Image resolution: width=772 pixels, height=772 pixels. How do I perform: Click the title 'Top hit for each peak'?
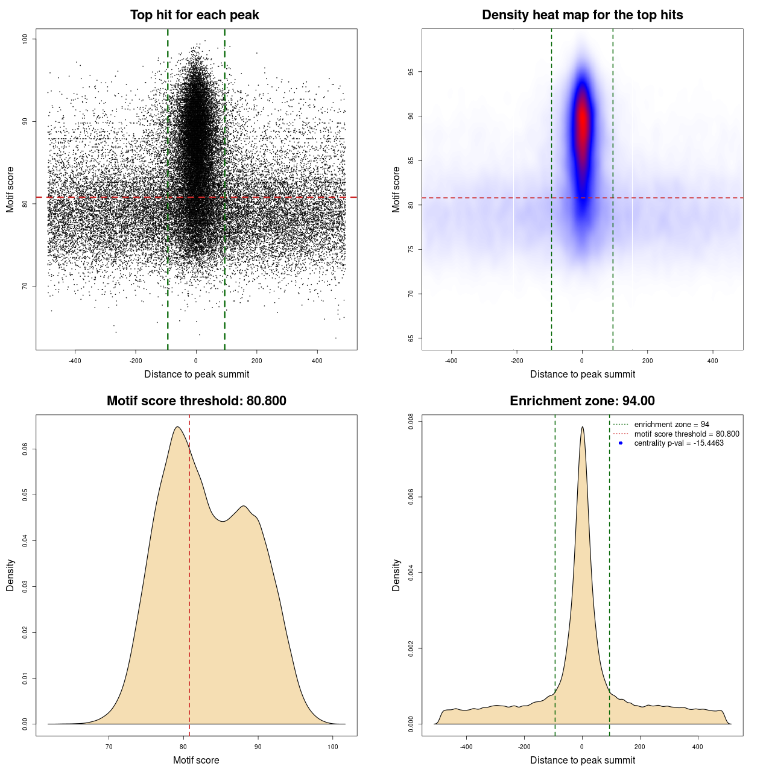coord(194,15)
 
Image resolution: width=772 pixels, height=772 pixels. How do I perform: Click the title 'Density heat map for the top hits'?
coord(582,15)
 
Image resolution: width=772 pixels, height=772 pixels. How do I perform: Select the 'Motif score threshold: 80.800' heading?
coord(196,401)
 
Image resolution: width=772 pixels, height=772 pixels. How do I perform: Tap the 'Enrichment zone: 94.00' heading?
coord(582,401)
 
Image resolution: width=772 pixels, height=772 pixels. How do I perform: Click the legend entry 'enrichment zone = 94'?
coord(671,425)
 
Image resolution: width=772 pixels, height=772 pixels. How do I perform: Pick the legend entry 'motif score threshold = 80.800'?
coord(686,434)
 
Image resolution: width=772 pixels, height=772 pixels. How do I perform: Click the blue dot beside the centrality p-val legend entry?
coord(621,443)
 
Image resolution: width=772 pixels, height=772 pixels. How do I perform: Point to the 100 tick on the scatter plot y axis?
coord(25,39)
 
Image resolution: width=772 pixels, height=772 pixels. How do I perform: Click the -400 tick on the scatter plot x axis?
coord(75,361)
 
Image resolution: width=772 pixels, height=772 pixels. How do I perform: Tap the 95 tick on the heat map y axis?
coord(411,72)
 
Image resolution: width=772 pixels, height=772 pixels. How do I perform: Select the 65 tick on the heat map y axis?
coord(411,338)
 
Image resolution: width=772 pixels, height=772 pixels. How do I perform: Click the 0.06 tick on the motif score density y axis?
coord(25,449)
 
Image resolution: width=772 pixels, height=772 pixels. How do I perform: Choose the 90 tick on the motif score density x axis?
coord(258,747)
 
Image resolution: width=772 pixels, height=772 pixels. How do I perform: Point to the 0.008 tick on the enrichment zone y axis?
coord(411,422)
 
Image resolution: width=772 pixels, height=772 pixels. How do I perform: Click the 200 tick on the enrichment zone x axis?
coord(640,747)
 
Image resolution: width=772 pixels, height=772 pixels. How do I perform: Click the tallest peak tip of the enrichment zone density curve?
coord(582,427)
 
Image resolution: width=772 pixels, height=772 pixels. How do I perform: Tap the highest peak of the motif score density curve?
coord(177,427)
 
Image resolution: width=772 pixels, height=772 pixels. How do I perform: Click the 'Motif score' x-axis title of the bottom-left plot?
coord(196,761)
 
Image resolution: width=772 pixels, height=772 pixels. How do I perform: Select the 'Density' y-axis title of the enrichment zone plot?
coord(396,575)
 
